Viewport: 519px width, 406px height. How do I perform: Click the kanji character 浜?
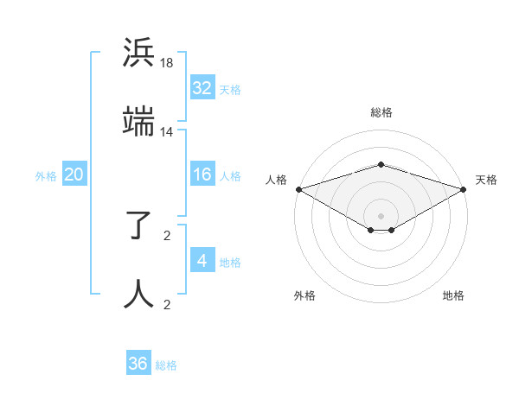coord(139,54)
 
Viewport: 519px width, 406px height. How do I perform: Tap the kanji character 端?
coord(139,124)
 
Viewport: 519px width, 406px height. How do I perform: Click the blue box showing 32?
coord(202,88)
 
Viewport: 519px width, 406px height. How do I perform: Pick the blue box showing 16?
coord(202,175)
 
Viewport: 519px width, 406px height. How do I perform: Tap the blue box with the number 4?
coord(202,262)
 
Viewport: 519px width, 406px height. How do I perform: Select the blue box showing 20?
coord(74,175)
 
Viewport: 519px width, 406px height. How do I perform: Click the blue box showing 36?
coord(138,364)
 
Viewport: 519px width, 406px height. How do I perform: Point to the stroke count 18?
coord(167,63)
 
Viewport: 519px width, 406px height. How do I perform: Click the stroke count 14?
coord(167,132)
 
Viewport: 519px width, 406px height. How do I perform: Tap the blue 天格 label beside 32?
coord(230,89)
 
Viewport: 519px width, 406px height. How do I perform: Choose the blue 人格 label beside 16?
coord(230,176)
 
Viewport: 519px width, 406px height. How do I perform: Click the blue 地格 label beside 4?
coord(230,263)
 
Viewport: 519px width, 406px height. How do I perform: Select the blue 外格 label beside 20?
coord(46,176)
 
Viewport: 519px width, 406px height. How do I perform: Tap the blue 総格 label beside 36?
coord(166,365)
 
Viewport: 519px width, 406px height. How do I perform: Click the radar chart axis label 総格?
coord(381,112)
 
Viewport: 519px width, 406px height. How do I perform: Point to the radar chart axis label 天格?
coord(486,180)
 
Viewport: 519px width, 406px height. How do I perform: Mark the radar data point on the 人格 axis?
coord(298,189)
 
